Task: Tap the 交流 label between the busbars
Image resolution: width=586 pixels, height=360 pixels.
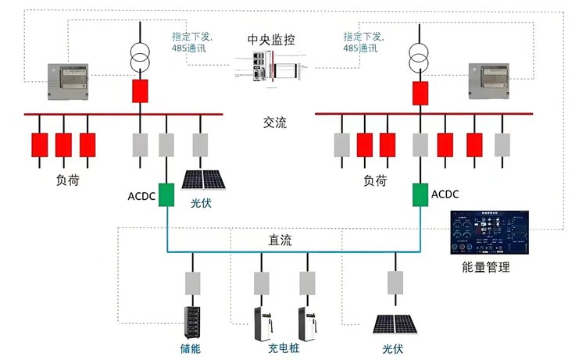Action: (x=275, y=123)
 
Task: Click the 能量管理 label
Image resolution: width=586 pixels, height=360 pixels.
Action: (x=485, y=268)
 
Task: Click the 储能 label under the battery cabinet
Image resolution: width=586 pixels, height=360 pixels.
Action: (x=190, y=348)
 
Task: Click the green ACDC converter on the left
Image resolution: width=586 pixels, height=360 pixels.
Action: (x=166, y=194)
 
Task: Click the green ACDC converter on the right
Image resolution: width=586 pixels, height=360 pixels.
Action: (x=421, y=194)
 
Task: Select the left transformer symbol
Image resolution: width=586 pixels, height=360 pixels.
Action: (x=141, y=55)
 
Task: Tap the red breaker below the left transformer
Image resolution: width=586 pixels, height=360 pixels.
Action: (x=141, y=91)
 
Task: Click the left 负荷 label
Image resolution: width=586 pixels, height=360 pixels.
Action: (x=67, y=180)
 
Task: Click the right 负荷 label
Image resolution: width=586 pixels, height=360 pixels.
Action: (x=375, y=180)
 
